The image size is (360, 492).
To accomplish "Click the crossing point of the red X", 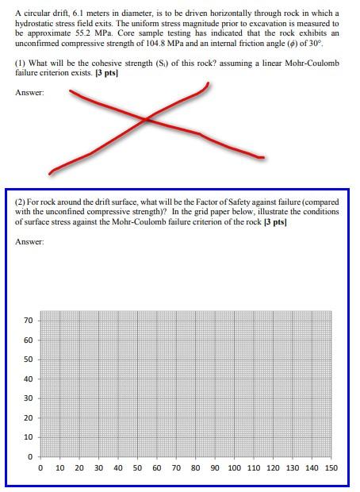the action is [147, 119].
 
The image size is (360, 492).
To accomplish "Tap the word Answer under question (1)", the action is [29, 94].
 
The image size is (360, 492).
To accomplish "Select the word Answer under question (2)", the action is [29, 242].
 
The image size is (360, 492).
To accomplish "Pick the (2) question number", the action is [21, 202].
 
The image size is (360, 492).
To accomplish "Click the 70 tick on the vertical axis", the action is [29, 321].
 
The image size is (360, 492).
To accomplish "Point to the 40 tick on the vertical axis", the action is [29, 379].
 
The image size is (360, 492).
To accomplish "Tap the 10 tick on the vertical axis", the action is [29, 437].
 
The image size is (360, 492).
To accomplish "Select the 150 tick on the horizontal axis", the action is [331, 468].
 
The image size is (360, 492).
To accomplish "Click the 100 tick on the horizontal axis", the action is [235, 468].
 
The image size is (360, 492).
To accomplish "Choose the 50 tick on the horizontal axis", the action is [137, 468].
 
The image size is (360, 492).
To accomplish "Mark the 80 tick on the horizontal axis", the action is [195, 468].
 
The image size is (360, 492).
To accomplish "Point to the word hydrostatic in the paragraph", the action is [34, 24].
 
